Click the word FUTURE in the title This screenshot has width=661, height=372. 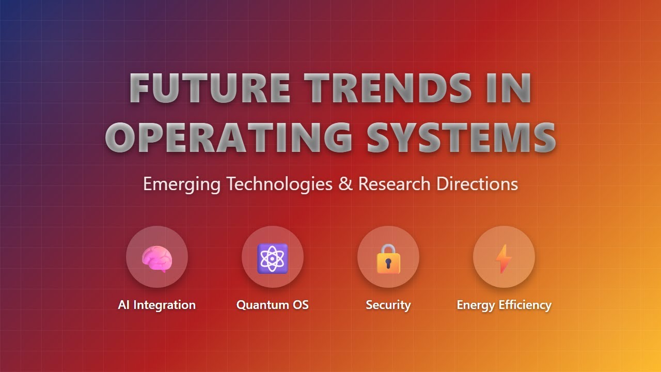coord(209,88)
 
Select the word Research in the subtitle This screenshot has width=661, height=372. coord(395,184)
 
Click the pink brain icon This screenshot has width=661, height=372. coord(157,258)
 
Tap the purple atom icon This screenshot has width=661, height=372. coord(273,258)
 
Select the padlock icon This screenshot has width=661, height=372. coord(388,259)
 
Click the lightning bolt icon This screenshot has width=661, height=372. coord(503,259)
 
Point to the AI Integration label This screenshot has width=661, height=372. coord(157,305)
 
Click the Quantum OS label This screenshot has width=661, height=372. coord(273,305)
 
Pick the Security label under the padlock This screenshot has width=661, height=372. coord(388,305)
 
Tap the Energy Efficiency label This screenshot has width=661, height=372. coord(504,305)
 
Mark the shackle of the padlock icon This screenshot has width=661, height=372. coord(388,249)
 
